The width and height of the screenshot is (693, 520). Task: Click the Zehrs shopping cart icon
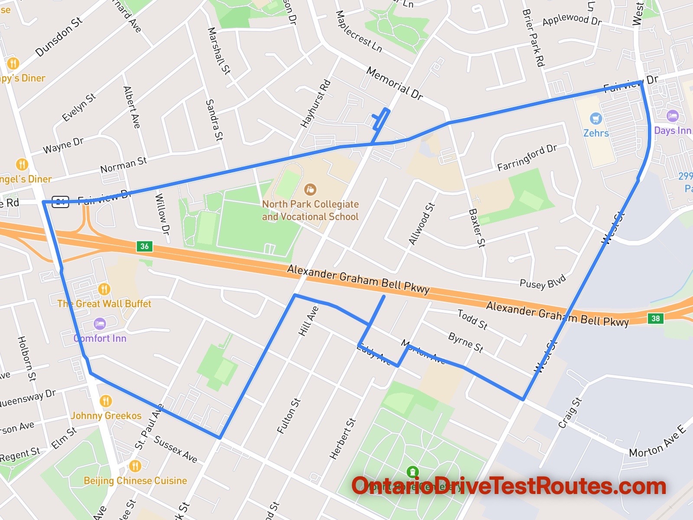pos(596,118)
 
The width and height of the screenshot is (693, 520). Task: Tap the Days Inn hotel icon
pos(672,116)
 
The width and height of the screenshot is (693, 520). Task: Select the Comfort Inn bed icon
pos(100,324)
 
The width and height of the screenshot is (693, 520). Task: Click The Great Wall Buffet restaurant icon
pos(104,289)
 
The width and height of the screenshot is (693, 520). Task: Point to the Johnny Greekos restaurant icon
pos(106,401)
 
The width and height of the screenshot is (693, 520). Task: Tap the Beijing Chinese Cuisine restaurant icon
pos(135,466)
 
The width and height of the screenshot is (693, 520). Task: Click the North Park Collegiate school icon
pos(310,189)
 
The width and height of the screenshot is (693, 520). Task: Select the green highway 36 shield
pos(145,246)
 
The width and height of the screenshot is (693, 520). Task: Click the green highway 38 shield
pos(656,318)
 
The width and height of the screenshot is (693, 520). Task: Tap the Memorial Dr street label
pos(394,83)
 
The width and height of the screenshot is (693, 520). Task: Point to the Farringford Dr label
pos(527,157)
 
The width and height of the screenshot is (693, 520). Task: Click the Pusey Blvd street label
pos(543,282)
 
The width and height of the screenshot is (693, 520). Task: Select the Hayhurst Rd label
pos(315,104)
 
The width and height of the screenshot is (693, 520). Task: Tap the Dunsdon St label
pos(59,37)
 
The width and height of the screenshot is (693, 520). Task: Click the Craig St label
pos(570,413)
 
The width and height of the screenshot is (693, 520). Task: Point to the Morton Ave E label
pos(657,442)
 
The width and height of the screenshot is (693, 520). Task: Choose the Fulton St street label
pos(288,416)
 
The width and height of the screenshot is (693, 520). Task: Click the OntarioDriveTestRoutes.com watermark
pos(508,486)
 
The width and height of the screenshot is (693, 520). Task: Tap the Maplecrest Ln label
pos(359,32)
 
